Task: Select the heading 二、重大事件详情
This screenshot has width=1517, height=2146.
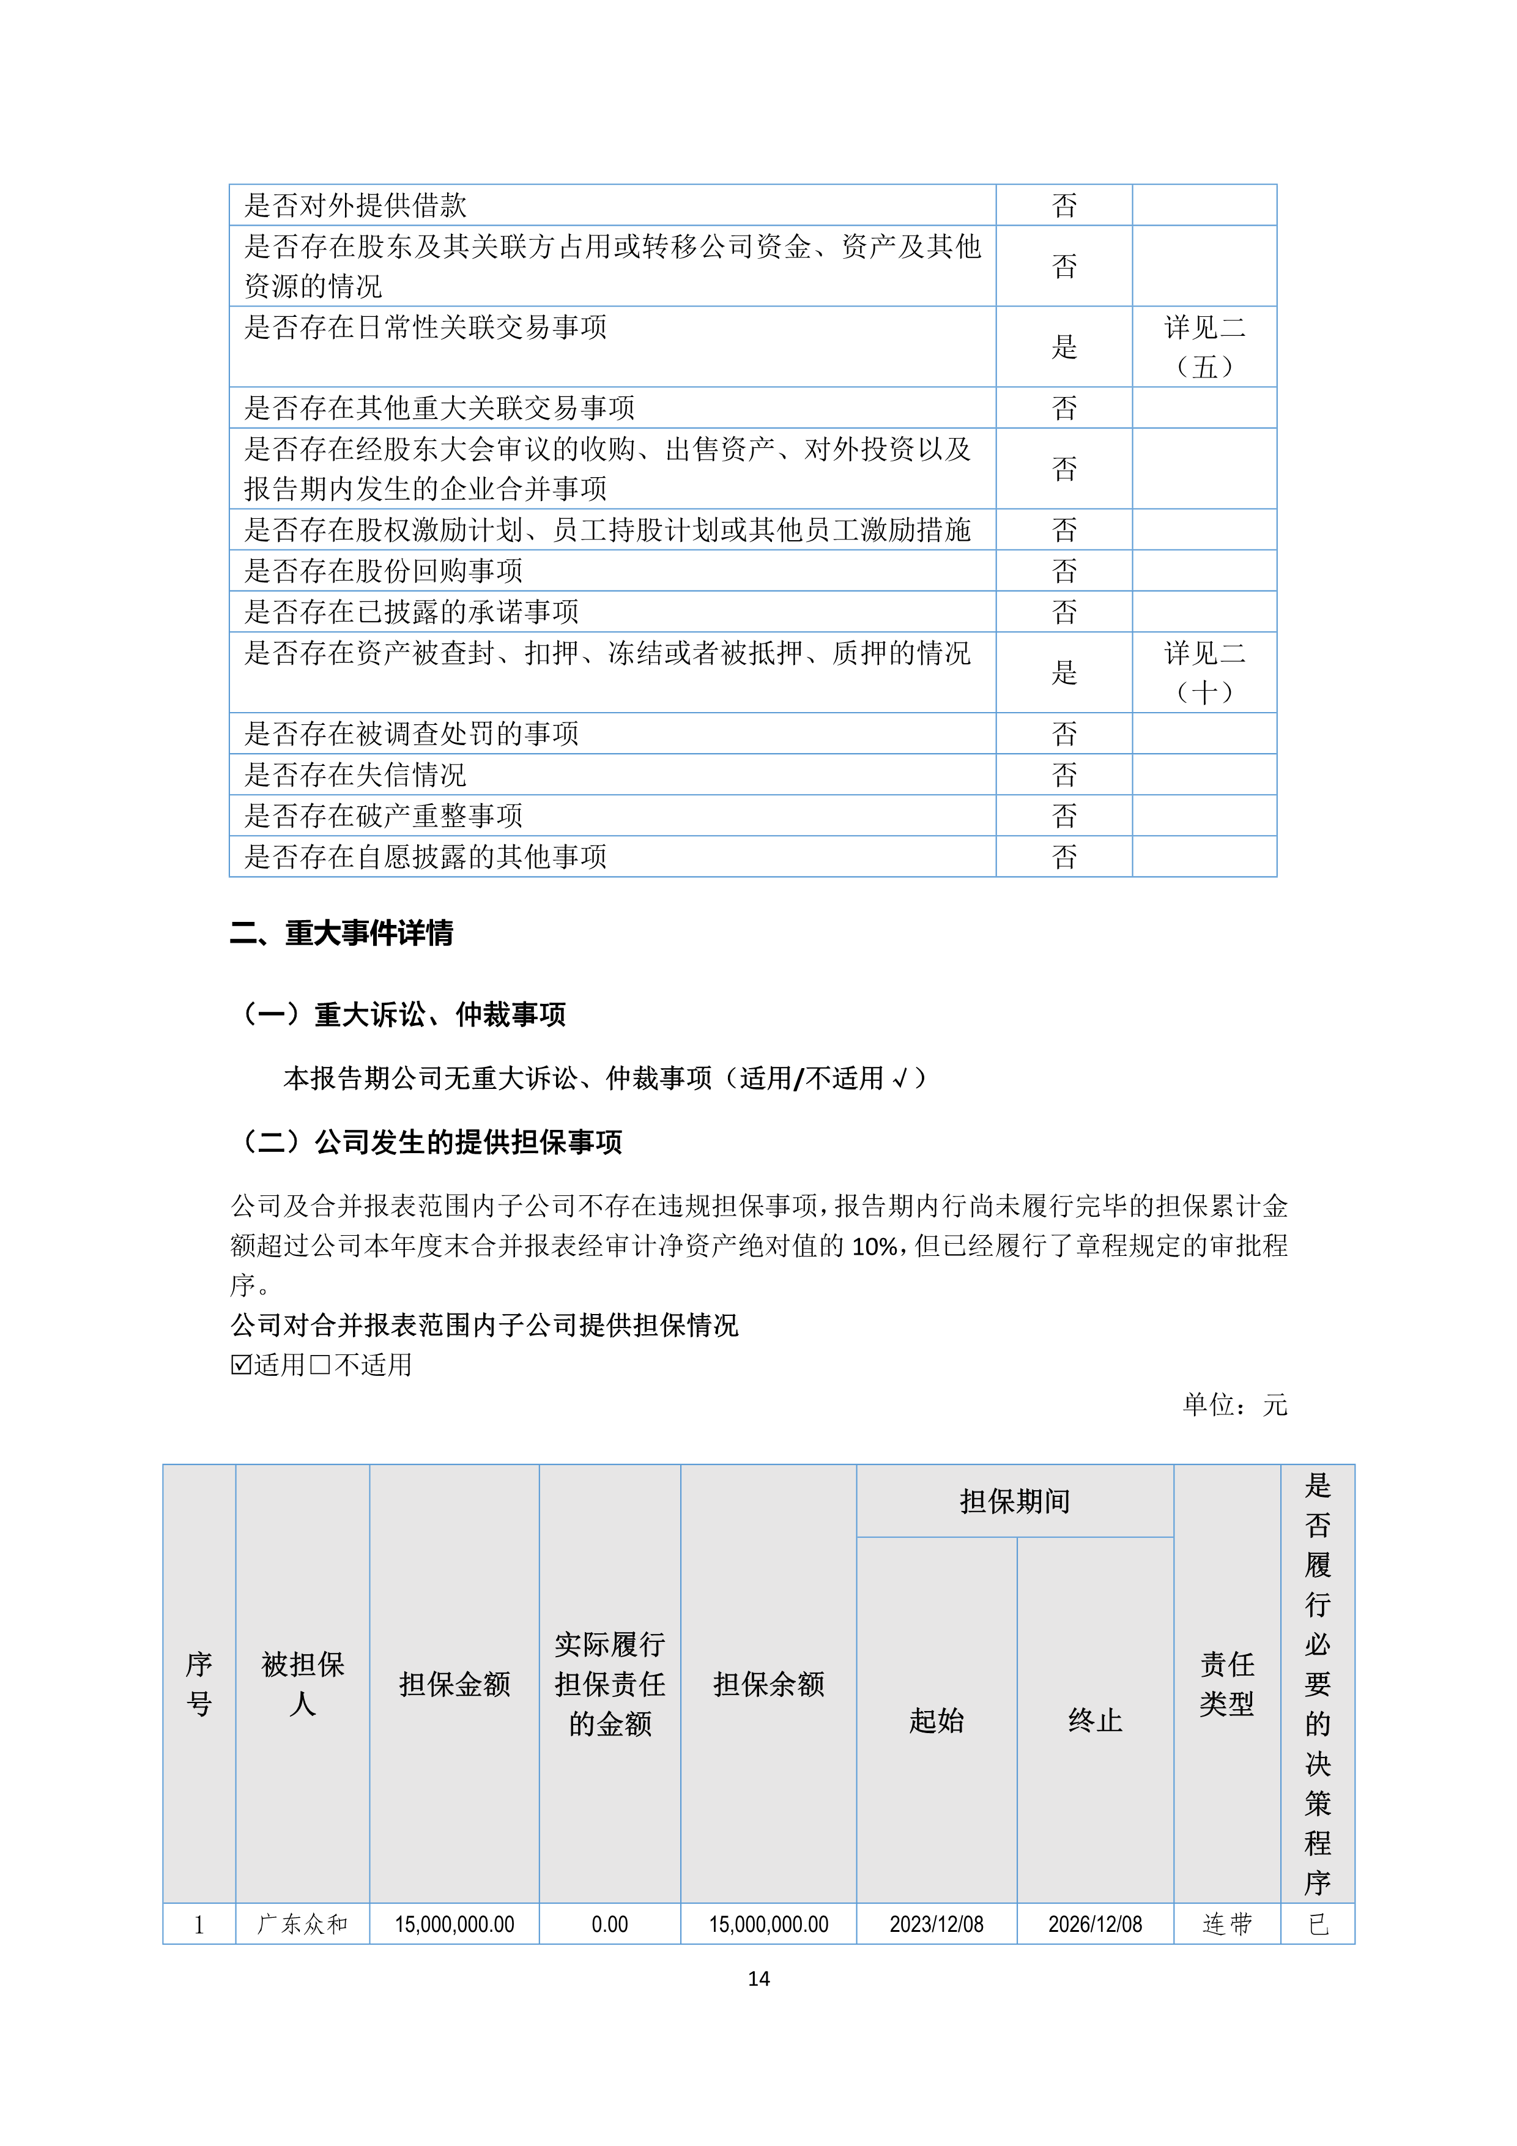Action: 341,933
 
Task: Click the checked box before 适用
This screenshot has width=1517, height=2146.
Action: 241,1365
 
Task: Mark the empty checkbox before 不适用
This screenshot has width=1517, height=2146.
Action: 320,1365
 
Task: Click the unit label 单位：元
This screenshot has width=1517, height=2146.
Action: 1234,1404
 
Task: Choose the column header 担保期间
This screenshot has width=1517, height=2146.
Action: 1014,1501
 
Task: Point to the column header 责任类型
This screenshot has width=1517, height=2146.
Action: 1226,1684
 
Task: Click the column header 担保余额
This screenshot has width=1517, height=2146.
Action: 768,1684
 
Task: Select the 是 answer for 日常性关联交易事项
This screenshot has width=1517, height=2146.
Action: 1064,347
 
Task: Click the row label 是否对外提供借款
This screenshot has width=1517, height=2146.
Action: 355,206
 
